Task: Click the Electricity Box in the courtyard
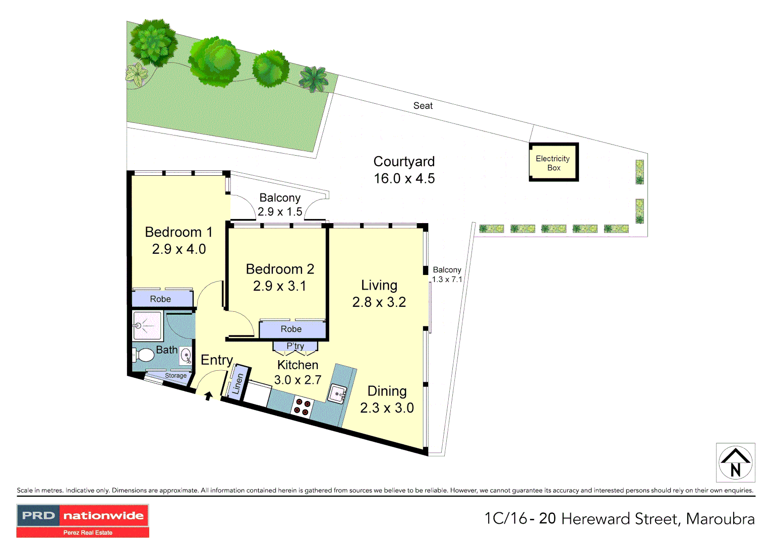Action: click(x=553, y=162)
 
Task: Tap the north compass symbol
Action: click(x=735, y=462)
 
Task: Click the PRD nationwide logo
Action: click(x=83, y=520)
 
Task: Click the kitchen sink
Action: click(x=337, y=393)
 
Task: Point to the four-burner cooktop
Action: click(x=303, y=406)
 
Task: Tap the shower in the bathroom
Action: click(x=147, y=326)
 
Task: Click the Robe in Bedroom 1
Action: click(x=161, y=299)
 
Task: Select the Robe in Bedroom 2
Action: click(x=291, y=329)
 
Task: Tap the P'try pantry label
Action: click(x=295, y=346)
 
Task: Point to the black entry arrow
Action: click(x=208, y=396)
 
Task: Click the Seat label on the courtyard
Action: click(x=423, y=106)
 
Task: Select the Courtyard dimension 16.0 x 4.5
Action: click(x=404, y=179)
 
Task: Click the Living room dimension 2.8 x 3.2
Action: click(x=379, y=302)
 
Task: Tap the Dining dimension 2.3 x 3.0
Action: click(x=387, y=408)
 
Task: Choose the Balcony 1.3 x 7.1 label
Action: click(x=447, y=275)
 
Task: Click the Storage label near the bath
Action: click(x=175, y=376)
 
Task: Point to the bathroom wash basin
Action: click(x=186, y=356)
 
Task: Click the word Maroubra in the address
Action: click(x=720, y=519)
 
